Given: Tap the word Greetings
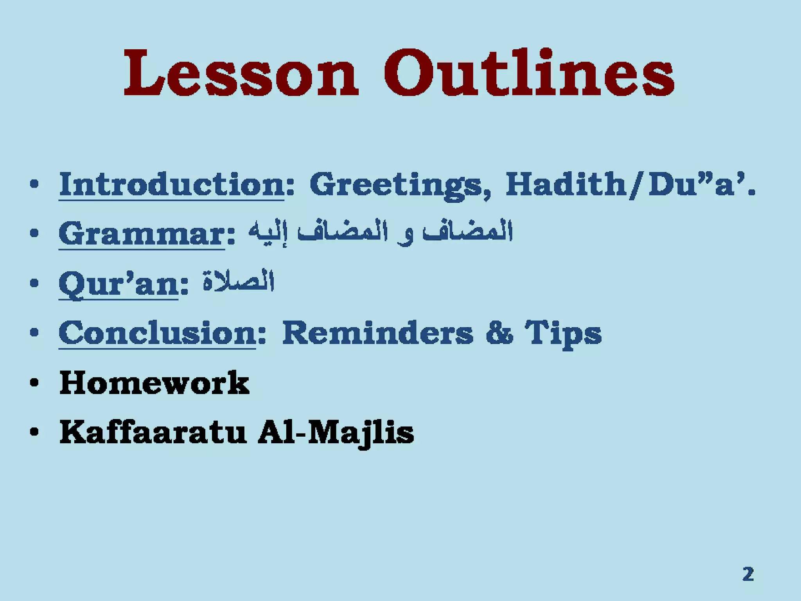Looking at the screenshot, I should (399, 185).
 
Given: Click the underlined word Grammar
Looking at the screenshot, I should (142, 234).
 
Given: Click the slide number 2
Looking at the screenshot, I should (748, 574).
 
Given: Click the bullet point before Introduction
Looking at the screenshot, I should (34, 185).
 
